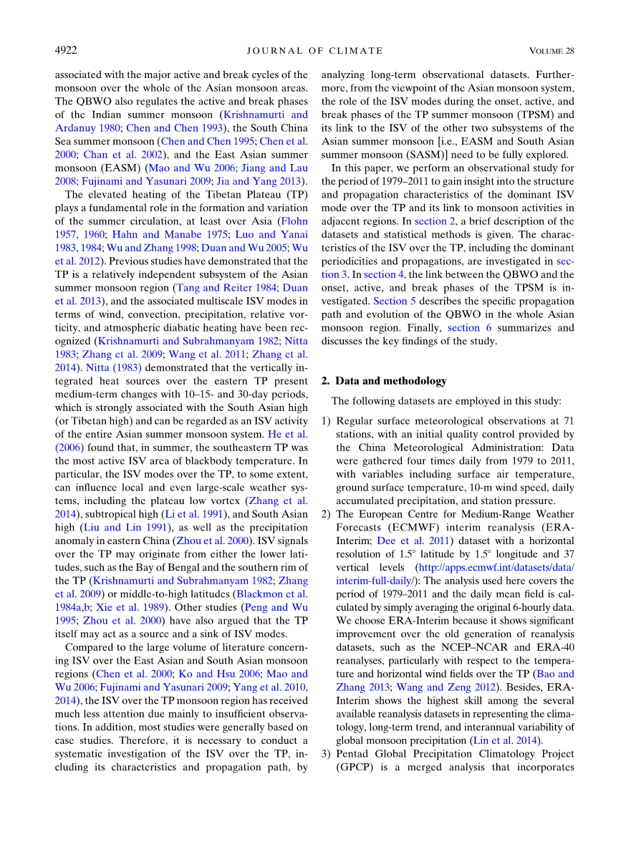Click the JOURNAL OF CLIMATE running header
pyautogui.click(x=314, y=51)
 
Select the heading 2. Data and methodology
pyautogui.click(x=383, y=381)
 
